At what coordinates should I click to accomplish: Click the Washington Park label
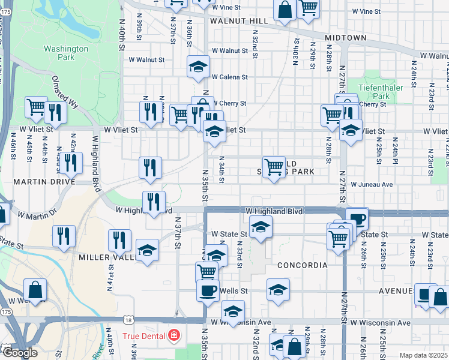tap(66, 53)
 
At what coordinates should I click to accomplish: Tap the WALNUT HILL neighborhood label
tap(238, 21)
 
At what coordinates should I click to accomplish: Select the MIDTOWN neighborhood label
tap(346, 38)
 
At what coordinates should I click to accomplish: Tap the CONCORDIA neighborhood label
tap(303, 265)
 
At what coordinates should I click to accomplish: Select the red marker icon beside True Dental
tap(173, 335)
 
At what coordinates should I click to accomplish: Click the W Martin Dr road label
tap(37, 214)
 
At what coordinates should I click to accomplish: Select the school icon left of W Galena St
tap(197, 67)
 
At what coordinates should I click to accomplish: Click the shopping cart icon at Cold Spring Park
tap(274, 166)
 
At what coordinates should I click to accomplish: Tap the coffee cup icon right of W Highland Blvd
tap(357, 218)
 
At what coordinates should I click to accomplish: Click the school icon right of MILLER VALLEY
tap(146, 250)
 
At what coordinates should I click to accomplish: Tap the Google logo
tap(19, 353)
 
